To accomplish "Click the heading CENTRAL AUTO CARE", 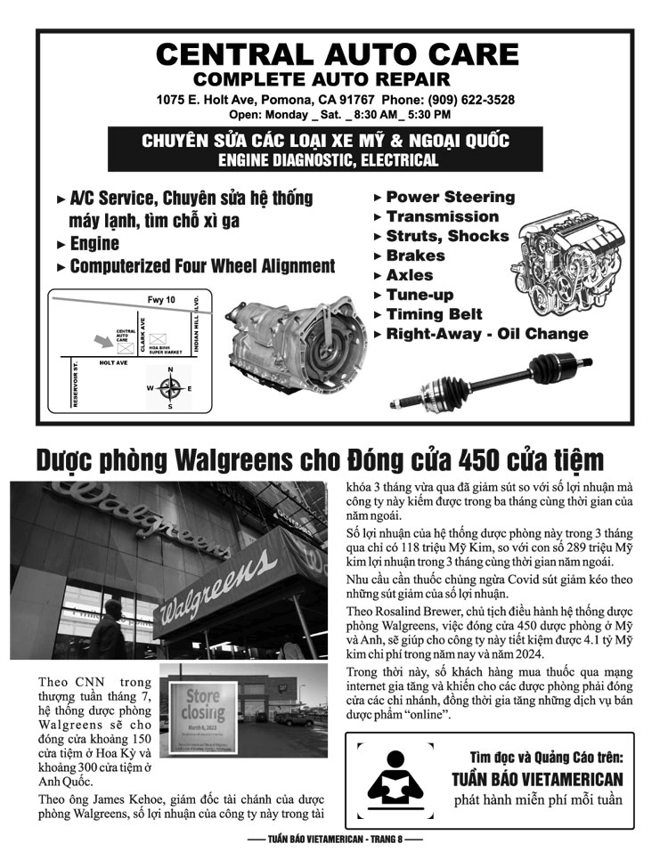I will (x=337, y=55).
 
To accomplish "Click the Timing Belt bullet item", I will (x=434, y=314).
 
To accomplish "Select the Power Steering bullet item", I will (x=450, y=197).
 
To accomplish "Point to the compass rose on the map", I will (x=170, y=388).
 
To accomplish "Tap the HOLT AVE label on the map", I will (x=113, y=363).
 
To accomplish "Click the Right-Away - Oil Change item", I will (x=486, y=334).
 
